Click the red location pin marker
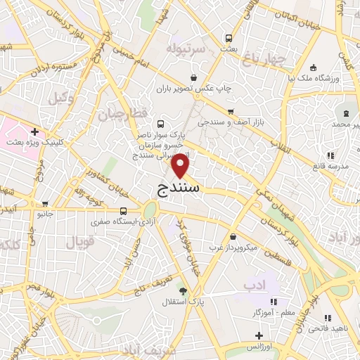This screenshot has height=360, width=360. pyautogui.click(x=181, y=165)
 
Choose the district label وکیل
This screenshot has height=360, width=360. pyautogui.click(x=61, y=97)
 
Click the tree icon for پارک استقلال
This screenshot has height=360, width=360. pyautogui.click(x=184, y=291)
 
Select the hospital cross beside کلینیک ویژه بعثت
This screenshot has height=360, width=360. pyautogui.click(x=34, y=131)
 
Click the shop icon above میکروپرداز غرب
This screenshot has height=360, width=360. pyautogui.click(x=232, y=236)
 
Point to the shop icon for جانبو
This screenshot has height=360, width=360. pyautogui.click(x=45, y=204)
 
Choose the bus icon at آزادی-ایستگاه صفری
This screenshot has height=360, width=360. pyautogui.click(x=124, y=210)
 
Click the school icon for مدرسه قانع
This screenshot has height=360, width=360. pyautogui.click(x=330, y=156)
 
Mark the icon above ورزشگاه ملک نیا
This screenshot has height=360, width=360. pyautogui.click(x=312, y=67)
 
